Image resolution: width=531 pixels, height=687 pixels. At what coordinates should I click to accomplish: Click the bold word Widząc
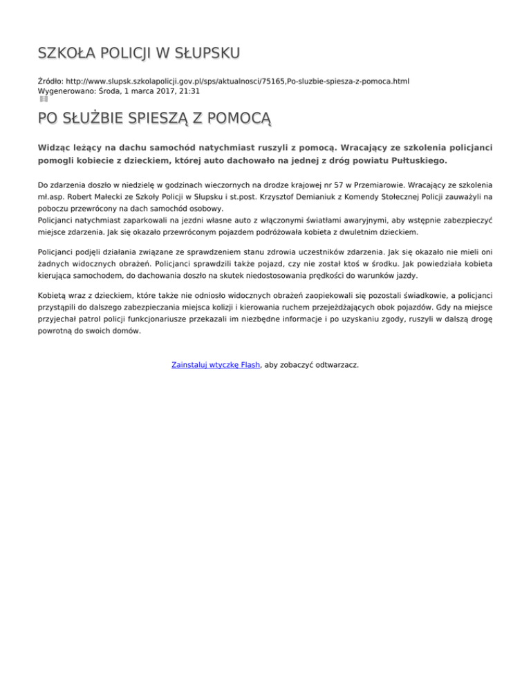point(57,148)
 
